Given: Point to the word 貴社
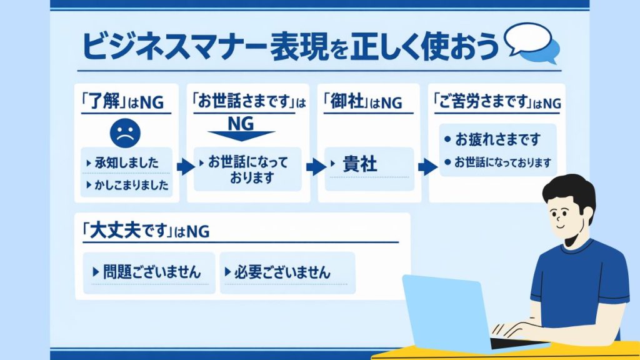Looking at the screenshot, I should (360, 164).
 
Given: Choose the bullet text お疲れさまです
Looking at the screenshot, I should (497, 139).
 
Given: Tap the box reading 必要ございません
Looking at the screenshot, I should (287, 272).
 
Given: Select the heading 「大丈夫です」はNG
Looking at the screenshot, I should (146, 231).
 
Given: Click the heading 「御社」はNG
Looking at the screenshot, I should (362, 102).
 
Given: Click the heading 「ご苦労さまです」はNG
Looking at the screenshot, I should (497, 102).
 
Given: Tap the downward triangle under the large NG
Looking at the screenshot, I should (241, 136).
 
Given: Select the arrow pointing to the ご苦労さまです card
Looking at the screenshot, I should (426, 167).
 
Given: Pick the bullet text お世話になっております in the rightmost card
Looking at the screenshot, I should (502, 162).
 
